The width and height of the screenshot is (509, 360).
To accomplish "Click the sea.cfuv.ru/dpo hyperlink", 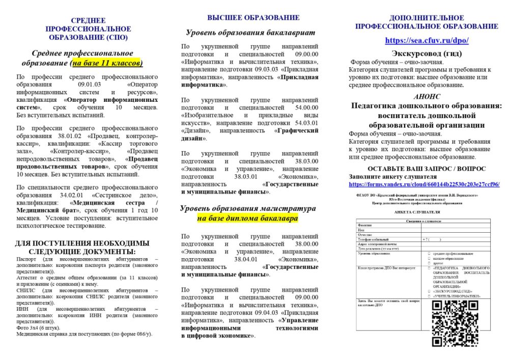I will (x=427, y=40).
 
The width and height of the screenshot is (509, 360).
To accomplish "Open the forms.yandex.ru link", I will (x=424, y=184).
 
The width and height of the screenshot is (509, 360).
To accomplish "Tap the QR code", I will (x=455, y=323).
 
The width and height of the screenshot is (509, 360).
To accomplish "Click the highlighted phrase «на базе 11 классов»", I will (x=107, y=63).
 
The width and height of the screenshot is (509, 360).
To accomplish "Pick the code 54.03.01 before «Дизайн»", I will (x=304, y=123).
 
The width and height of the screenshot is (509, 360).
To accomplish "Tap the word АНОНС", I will (x=426, y=96).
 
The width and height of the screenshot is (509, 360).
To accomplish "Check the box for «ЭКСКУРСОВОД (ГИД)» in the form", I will (x=430, y=291).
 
